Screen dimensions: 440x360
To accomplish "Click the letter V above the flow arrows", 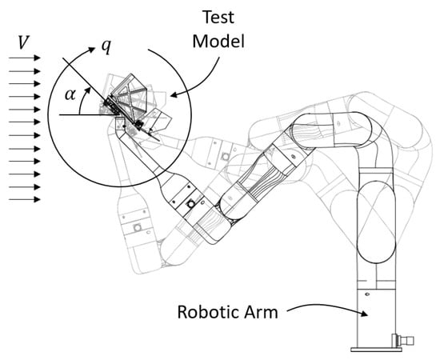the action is click(23, 42).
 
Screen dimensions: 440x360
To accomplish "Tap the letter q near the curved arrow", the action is click(106, 46).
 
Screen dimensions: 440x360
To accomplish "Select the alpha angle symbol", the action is click(70, 94).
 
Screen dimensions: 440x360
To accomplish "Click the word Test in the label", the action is click(218, 17).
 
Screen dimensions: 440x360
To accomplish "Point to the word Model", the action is click(218, 42).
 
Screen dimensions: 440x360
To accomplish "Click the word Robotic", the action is click(209, 312).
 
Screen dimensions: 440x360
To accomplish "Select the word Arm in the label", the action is click(261, 312).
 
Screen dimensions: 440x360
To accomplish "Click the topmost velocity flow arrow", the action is click(25, 58).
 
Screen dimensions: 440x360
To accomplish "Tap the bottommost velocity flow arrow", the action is click(25, 199).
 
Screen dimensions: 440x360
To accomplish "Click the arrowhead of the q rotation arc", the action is click(92, 50).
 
